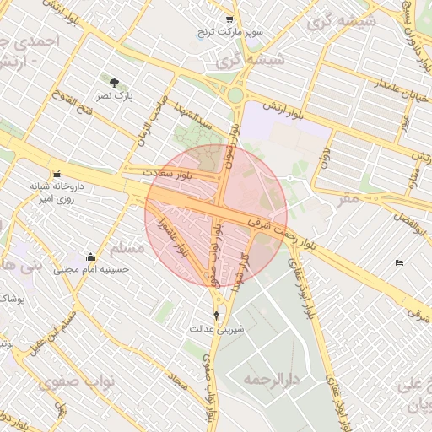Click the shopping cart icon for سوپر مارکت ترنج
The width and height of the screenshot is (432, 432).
click(x=229, y=19)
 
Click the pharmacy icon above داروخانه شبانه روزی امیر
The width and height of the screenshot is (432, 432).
click(x=57, y=171)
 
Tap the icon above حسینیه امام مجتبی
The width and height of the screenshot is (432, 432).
click(x=90, y=256)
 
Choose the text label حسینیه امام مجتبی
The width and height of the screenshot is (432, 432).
click(x=90, y=270)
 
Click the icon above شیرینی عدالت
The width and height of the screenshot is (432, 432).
click(x=217, y=315)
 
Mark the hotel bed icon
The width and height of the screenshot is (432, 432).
click(x=399, y=262)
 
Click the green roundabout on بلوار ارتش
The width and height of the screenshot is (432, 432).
click(x=235, y=95)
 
